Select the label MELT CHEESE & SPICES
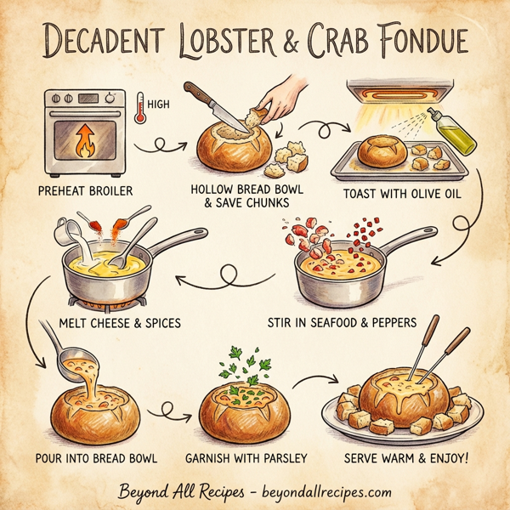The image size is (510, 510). point(121,324)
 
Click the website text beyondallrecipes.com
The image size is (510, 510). point(324,491)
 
